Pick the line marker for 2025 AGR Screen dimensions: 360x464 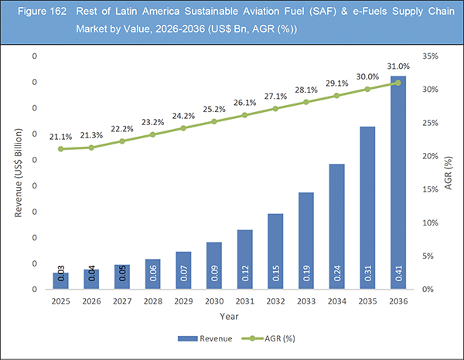pyautogui.click(x=61, y=148)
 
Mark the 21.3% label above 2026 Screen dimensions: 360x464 pyautogui.click(x=91, y=134)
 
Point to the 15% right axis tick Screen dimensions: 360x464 pyautogui.click(x=432, y=190)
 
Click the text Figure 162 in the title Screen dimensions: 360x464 pyautogui.click(x=36, y=15)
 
